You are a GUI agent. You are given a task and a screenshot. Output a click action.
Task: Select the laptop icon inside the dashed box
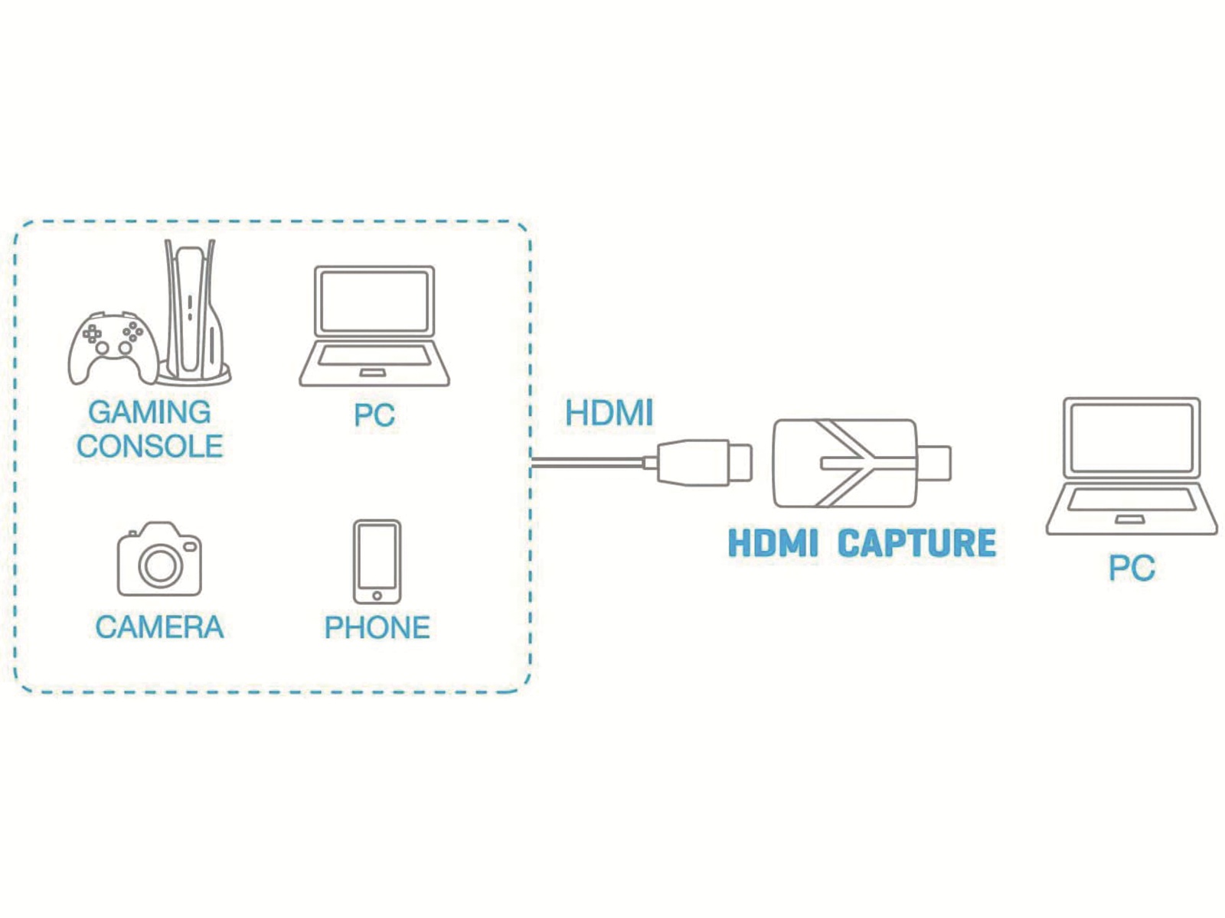[x=374, y=326]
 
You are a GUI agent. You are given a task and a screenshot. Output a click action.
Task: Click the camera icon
[x=159, y=559]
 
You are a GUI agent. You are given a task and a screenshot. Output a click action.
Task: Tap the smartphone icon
[x=377, y=562]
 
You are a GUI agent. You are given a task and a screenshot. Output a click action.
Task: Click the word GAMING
[x=149, y=412]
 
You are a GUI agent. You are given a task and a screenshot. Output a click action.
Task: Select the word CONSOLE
[x=149, y=447]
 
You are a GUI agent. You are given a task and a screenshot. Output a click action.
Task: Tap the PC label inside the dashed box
[x=374, y=415]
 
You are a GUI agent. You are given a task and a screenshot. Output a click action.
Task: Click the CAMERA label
[x=159, y=627]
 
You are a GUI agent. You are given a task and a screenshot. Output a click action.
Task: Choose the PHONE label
[x=377, y=627]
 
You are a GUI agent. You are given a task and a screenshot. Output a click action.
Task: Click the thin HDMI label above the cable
[x=609, y=413]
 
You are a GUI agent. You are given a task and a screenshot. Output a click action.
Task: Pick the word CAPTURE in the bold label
[x=917, y=543]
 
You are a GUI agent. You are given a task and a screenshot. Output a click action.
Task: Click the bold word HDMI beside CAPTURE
[x=773, y=543]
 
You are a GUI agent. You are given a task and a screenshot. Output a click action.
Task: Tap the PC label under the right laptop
[x=1132, y=568]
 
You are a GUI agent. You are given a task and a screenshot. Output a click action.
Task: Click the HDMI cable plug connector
[x=697, y=463]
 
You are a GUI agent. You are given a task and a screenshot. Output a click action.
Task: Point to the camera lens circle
[x=160, y=565]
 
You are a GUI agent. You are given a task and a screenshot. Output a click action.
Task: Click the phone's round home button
[x=377, y=595]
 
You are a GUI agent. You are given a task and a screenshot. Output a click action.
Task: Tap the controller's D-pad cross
[x=92, y=334]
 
